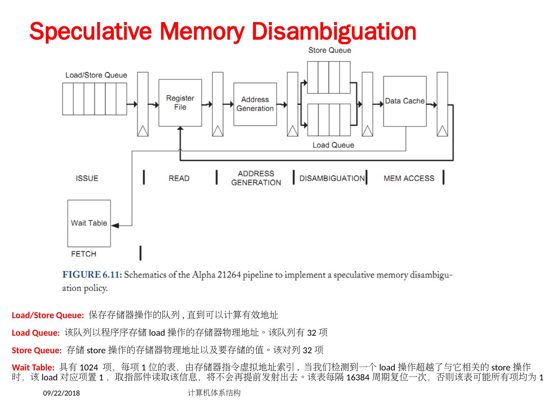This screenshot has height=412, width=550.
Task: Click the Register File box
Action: click(x=180, y=103)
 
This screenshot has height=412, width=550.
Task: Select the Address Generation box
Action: click(x=255, y=104)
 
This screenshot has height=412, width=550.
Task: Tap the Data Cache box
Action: click(x=404, y=101)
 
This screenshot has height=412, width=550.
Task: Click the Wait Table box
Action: click(x=89, y=223)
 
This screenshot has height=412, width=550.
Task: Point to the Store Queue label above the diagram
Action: click(x=329, y=50)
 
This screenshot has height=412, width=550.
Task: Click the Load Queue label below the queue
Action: click(x=333, y=145)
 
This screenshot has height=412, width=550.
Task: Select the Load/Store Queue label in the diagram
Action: click(x=96, y=75)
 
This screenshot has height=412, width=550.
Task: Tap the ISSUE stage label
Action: click(x=87, y=178)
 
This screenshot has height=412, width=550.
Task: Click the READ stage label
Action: click(x=179, y=178)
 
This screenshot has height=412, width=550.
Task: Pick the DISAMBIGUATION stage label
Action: click(x=332, y=178)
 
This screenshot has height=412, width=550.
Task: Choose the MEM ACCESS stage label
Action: click(x=409, y=178)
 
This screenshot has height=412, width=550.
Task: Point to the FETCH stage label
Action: click(x=83, y=254)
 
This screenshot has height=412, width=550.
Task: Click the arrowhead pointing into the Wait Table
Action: click(x=115, y=225)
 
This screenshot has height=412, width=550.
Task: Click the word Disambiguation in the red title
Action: click(x=334, y=31)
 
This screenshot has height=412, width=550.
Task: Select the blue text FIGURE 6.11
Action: click(x=92, y=275)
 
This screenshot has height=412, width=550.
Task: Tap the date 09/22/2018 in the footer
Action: click(x=61, y=393)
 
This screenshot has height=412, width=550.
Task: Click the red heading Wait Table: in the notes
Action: click(x=33, y=368)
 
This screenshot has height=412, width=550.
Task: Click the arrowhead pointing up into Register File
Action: click(x=180, y=129)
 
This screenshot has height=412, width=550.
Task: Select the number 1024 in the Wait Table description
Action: click(x=89, y=368)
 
